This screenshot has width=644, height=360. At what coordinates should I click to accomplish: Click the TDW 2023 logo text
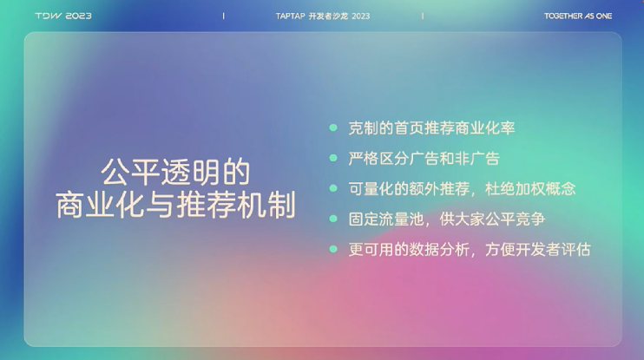pos(63,16)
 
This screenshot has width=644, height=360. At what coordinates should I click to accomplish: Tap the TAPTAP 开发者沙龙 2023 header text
pos(322,16)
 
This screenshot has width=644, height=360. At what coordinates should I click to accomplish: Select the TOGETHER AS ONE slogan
pos(578,16)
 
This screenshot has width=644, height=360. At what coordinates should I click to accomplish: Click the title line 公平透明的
pos(175,172)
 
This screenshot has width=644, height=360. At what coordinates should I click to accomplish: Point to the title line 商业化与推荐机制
pos(175,205)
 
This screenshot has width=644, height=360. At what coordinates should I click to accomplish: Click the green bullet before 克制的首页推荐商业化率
pos(333,128)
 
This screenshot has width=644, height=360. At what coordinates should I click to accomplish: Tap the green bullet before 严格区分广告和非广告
pos(333,159)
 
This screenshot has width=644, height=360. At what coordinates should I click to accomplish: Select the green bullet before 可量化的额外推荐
pos(333,188)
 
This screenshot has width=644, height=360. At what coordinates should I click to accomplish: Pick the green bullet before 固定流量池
pos(333,219)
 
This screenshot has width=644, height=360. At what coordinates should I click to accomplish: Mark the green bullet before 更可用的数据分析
pos(333,249)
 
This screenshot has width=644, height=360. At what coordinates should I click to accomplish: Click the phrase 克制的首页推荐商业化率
pos(431,128)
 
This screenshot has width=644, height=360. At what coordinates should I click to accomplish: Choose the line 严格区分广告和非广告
pos(424,159)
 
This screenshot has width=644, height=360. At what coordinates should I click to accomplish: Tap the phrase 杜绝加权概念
pos(530,189)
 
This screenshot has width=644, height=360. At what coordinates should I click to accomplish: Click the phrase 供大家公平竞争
pos(492,219)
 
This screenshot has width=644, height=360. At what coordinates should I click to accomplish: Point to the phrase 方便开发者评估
pos(538,249)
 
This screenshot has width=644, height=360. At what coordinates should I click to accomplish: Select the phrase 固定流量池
pos(386,219)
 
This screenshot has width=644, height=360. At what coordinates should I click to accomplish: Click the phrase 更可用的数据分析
pos(409,249)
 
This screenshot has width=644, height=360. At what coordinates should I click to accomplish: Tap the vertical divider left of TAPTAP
pos(223,16)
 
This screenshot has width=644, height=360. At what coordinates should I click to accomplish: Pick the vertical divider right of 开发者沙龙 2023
pos(423,16)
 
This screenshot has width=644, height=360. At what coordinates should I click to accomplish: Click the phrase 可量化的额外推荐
pos(409,189)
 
